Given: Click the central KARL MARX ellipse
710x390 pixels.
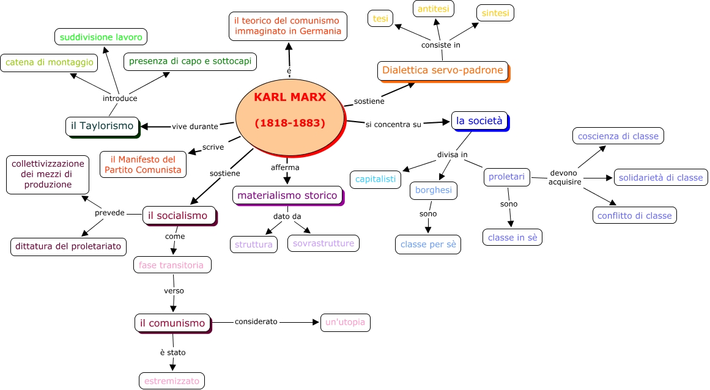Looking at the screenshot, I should click(x=289, y=110).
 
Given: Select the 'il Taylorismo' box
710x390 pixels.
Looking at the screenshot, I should click(x=102, y=126).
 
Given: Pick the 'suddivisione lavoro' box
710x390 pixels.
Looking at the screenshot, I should click(x=101, y=37).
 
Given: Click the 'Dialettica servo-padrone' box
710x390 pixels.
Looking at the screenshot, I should click(x=442, y=70).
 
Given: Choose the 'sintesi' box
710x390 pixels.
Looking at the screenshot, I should click(x=495, y=13).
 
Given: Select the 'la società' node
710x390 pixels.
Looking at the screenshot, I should click(x=479, y=121).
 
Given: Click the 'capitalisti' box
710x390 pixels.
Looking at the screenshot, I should click(x=375, y=180).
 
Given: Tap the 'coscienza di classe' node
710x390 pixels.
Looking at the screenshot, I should click(x=618, y=136).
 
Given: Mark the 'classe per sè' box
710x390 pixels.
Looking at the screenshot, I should click(x=428, y=245).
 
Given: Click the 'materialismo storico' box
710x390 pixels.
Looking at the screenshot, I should click(x=287, y=196).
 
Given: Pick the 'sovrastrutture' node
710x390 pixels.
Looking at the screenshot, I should click(x=324, y=243).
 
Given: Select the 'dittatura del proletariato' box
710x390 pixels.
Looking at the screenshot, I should click(x=69, y=247).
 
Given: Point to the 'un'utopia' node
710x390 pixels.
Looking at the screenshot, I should click(x=346, y=322).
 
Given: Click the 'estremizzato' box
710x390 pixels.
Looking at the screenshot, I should click(x=172, y=381).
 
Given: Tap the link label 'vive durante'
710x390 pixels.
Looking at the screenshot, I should click(x=194, y=127).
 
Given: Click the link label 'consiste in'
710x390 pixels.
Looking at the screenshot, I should click(x=440, y=45).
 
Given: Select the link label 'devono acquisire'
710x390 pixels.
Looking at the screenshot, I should click(x=564, y=177).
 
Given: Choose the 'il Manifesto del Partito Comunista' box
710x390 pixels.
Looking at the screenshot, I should click(x=143, y=164).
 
